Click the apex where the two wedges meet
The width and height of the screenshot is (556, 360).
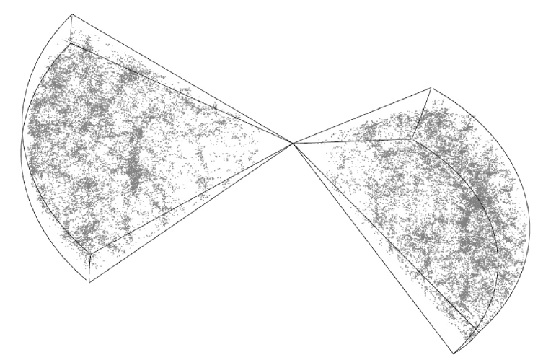click(294, 144)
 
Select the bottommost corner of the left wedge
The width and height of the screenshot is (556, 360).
click(89, 282)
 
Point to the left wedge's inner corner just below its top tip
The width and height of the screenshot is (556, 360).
click(70, 44)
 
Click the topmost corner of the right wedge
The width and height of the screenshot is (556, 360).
click(431, 88)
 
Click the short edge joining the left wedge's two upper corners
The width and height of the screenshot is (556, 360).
click(71, 29)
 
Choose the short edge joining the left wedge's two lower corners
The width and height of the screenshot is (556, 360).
click(88, 268)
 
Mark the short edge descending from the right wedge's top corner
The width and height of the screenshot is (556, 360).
click(421, 113)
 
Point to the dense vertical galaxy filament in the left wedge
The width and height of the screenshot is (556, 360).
click(134, 173)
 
